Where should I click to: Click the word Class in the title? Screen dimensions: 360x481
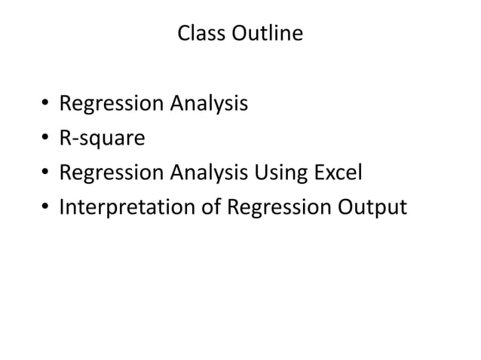click(x=199, y=34)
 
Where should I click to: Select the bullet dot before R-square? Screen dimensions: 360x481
click(x=45, y=138)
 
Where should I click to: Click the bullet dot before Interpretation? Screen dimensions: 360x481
click(x=45, y=207)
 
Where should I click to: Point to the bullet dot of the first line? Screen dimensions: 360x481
click(x=45, y=103)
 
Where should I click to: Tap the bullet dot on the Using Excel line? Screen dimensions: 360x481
click(x=45, y=172)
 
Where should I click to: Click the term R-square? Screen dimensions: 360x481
click(x=91, y=138)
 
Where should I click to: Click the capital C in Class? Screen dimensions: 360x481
click(x=182, y=34)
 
